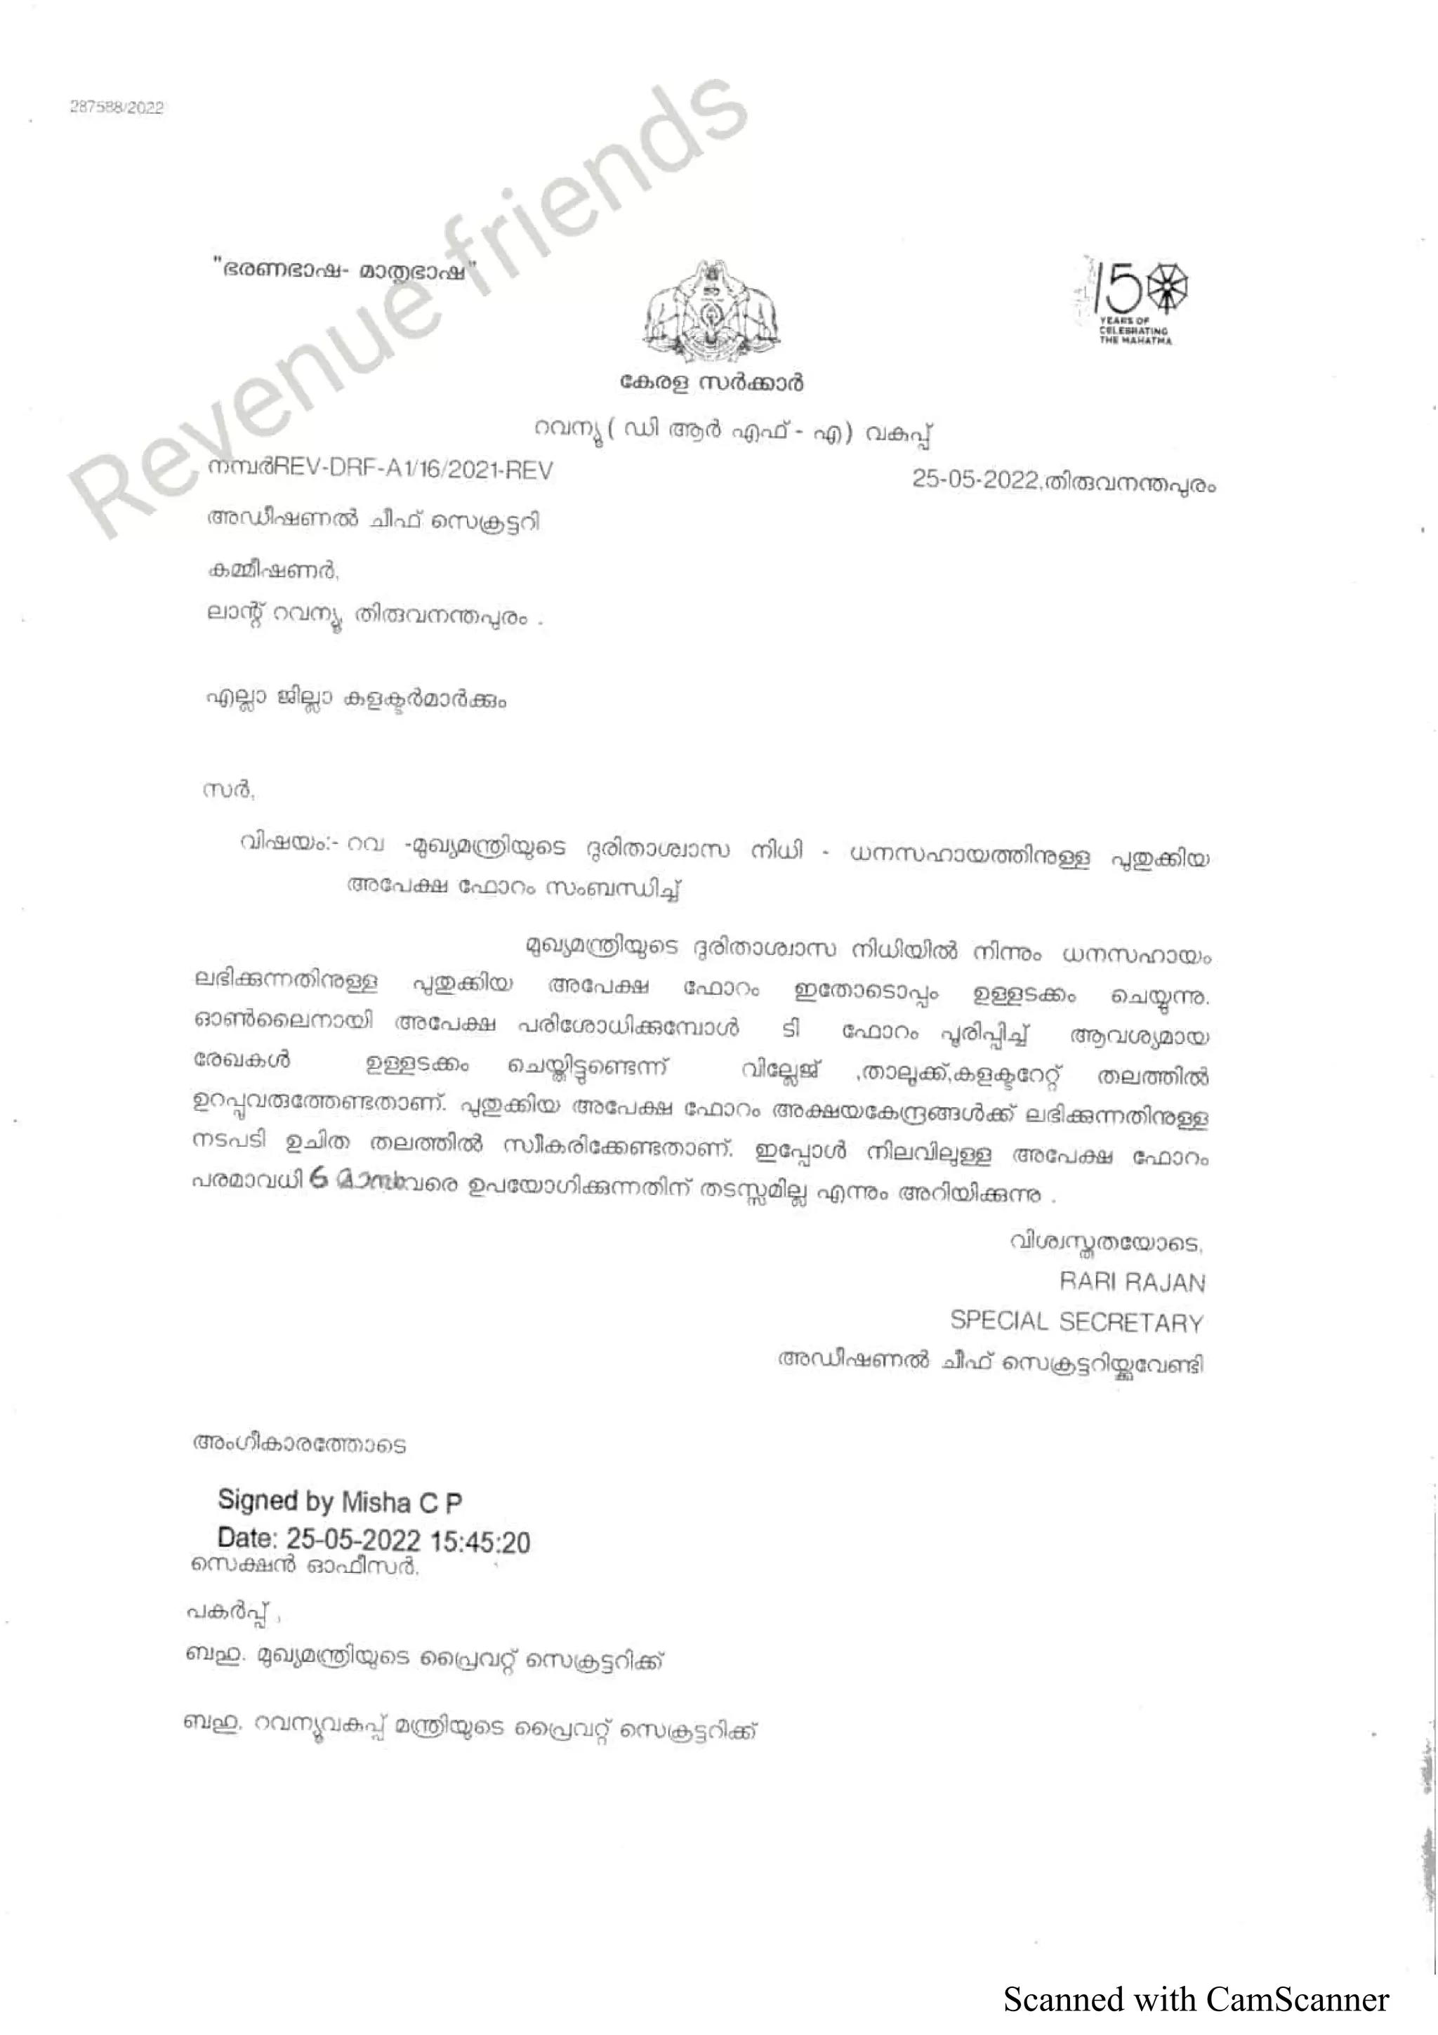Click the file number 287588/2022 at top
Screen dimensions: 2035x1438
[x=117, y=107]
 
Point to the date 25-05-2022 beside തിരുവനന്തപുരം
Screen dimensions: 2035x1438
[x=975, y=480]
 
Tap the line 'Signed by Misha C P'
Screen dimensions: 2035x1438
[x=339, y=1501]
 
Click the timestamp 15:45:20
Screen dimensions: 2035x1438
[x=481, y=1542]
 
